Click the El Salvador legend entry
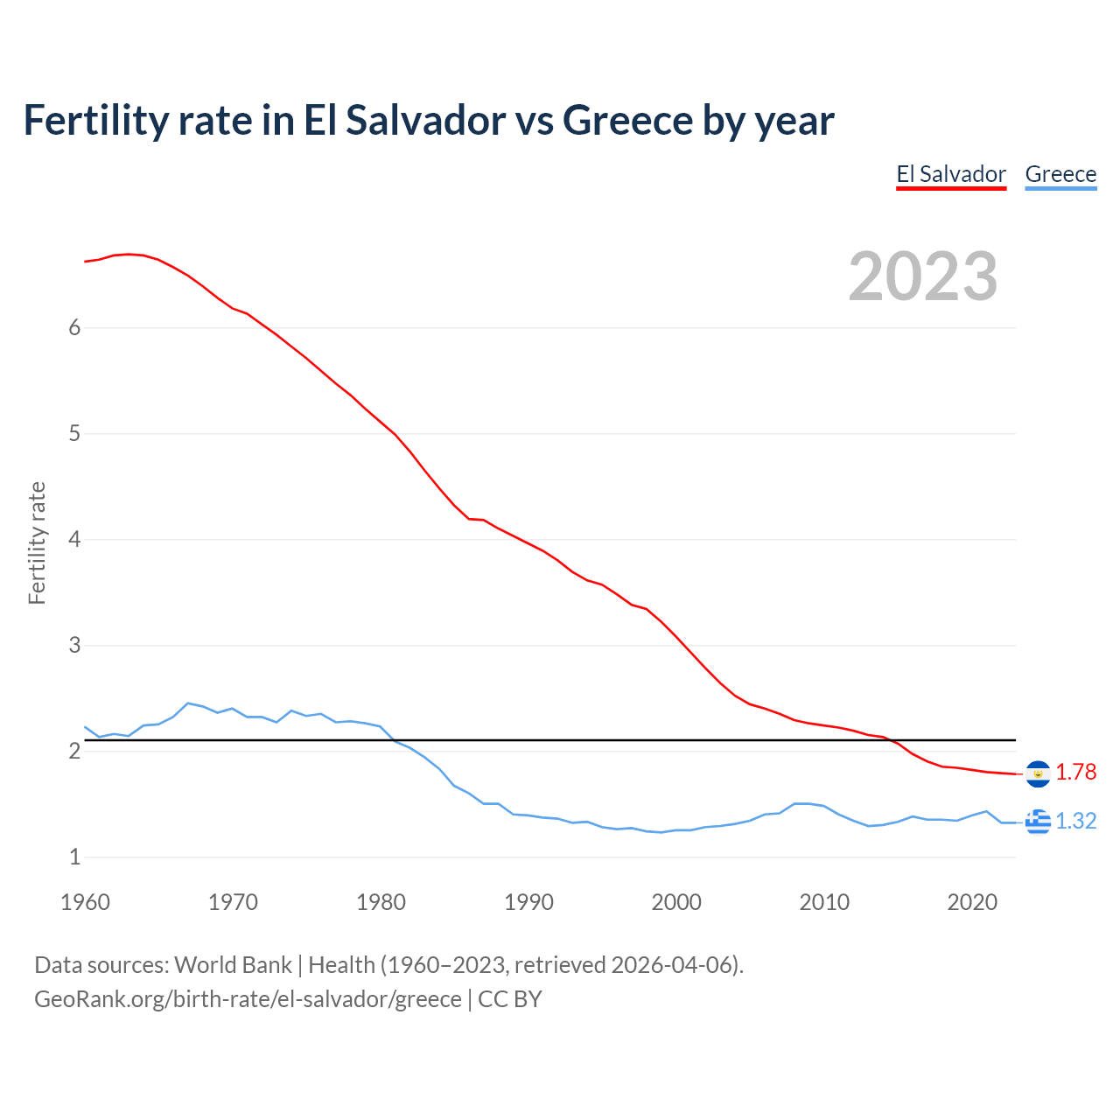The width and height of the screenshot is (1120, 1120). pyautogui.click(x=951, y=174)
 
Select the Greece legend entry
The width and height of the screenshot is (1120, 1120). pyautogui.click(x=1060, y=174)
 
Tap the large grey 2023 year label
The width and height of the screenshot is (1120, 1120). pyautogui.click(x=923, y=276)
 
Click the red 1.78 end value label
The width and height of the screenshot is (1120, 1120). pyautogui.click(x=1075, y=772)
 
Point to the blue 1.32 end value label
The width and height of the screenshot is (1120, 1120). pyautogui.click(x=1075, y=821)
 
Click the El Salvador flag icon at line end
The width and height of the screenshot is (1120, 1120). pyautogui.click(x=1038, y=773)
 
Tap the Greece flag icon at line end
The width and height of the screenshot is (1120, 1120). pyautogui.click(x=1038, y=822)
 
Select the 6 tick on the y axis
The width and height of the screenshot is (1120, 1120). pyautogui.click(x=74, y=327)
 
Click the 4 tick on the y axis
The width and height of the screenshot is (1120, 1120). pyautogui.click(x=74, y=539)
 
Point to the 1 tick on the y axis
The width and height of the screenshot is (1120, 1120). pyautogui.click(x=74, y=857)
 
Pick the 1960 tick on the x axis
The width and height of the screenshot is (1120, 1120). pyautogui.click(x=85, y=902)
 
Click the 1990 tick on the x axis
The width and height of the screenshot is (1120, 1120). pyautogui.click(x=528, y=902)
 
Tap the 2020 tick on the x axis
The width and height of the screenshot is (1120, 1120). pyautogui.click(x=972, y=902)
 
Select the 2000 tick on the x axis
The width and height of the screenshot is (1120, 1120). pyautogui.click(x=676, y=902)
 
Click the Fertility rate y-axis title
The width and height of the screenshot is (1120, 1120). pyautogui.click(x=37, y=542)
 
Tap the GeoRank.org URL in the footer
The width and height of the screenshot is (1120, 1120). pyautogui.click(x=248, y=999)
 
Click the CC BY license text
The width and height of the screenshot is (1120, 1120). pyautogui.click(x=510, y=999)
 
